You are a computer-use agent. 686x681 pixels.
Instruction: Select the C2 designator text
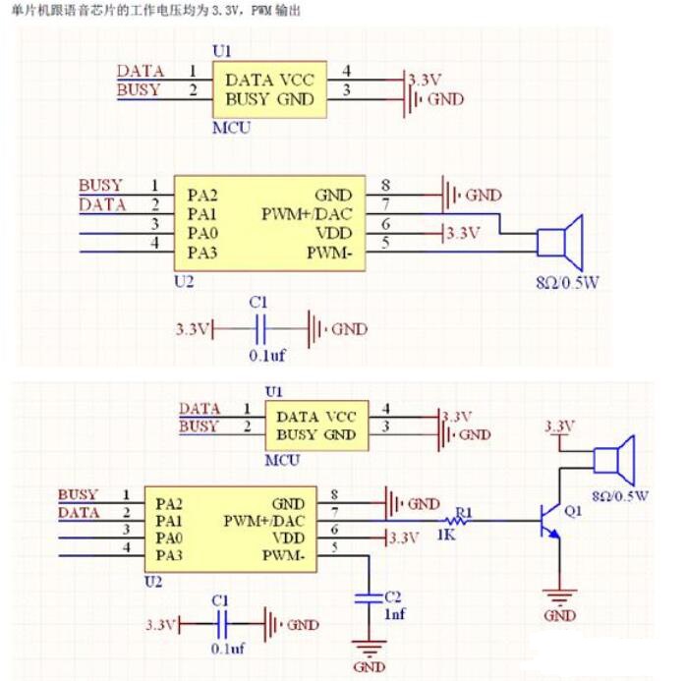click(x=392, y=596)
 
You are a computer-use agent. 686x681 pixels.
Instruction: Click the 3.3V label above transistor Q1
click(x=558, y=426)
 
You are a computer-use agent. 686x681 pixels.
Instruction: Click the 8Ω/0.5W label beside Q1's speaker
click(x=621, y=495)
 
